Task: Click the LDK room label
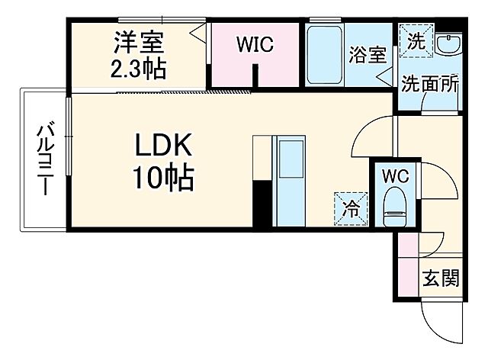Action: [163, 145]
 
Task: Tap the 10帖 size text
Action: [163, 180]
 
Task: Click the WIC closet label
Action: [253, 45]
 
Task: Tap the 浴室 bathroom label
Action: [368, 54]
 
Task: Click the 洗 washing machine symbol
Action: [416, 40]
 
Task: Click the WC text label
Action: [395, 175]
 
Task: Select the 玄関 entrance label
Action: [441, 279]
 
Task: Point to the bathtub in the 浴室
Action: [324, 55]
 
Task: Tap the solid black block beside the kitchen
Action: [262, 203]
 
